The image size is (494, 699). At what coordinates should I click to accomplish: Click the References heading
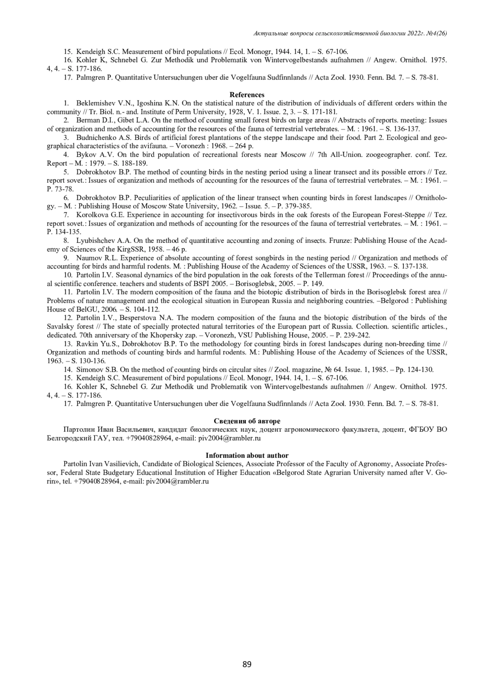[x=247, y=95]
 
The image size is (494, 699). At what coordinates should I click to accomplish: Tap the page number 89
[x=247, y=664]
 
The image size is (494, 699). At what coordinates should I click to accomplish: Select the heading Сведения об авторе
[x=247, y=421]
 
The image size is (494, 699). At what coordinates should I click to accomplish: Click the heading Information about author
[x=247, y=455]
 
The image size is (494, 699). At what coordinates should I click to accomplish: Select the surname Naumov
[x=87, y=258]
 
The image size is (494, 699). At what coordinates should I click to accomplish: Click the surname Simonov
[x=89, y=370]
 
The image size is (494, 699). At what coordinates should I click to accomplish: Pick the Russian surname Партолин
[x=79, y=430]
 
